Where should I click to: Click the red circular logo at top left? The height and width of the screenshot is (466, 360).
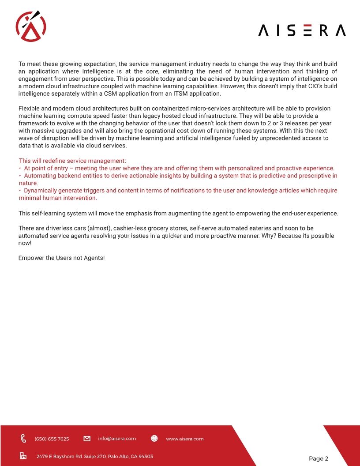click(31, 26)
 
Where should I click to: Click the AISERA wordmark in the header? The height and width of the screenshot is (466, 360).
click(302, 30)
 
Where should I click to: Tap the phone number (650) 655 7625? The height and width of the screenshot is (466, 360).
click(52, 439)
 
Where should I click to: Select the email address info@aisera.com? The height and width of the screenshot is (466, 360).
click(117, 439)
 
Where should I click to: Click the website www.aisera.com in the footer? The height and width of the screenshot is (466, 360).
click(184, 439)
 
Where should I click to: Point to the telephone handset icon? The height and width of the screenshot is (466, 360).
click(23, 439)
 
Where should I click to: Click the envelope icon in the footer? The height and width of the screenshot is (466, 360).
click(87, 439)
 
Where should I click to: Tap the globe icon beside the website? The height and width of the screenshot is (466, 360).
click(154, 439)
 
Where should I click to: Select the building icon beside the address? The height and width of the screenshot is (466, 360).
click(23, 456)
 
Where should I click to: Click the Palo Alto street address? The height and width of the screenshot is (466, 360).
click(94, 456)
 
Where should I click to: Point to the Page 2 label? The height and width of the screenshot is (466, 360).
click(319, 458)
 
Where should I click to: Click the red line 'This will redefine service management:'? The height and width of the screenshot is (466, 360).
click(72, 161)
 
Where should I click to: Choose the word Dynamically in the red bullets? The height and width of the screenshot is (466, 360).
click(42, 191)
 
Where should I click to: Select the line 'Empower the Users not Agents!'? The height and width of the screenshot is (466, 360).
click(61, 258)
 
